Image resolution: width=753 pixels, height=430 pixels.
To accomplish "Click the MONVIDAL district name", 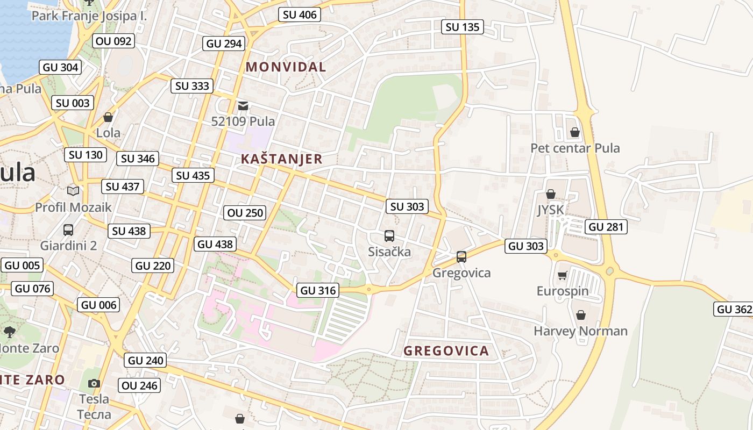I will point(286,67).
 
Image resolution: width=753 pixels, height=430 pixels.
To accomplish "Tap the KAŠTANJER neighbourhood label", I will point(281,159).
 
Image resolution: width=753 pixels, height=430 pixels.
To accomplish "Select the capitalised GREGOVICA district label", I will point(446,352).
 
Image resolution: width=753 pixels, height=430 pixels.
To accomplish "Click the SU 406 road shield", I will point(300,15).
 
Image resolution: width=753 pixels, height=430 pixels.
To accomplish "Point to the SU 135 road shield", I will point(462,27).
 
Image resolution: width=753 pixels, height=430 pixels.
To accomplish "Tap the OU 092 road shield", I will point(113,41).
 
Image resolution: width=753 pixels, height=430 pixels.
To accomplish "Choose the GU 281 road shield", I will point(606,227).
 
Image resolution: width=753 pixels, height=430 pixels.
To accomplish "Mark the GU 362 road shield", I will point(734,309).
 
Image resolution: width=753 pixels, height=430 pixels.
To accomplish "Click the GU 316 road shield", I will point(318,290).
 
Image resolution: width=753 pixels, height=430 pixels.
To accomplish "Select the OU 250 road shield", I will point(245,213).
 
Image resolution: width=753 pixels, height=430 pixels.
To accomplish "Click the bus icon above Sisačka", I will point(389,236).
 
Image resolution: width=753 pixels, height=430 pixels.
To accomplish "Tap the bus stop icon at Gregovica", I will point(461,257).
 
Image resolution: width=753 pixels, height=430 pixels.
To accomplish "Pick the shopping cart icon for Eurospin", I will point(562,276).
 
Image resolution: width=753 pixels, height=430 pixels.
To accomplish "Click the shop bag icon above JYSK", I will point(550,194).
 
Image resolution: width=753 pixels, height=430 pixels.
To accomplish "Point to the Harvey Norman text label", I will point(580,331).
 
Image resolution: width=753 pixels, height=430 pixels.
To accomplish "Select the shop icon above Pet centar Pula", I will point(574,132).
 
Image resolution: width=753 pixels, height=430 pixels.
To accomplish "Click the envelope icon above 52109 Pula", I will point(243,105).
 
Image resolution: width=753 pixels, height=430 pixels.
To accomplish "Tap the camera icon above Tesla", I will point(94,383).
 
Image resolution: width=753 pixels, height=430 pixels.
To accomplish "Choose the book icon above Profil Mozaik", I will point(73,191).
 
